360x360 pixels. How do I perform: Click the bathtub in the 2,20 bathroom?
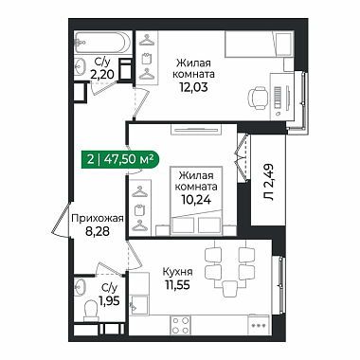point(102,42)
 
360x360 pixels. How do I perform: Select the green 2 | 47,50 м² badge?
point(120,159)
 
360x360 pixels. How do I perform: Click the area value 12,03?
point(193,86)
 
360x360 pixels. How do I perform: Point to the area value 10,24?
point(196,199)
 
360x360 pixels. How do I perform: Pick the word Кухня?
point(177,271)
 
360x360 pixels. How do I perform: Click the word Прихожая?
point(98,218)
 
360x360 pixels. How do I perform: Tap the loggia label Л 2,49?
point(269,182)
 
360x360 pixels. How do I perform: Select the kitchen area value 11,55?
point(177,285)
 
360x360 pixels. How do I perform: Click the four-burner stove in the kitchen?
point(180,325)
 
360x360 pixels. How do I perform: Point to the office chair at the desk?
point(257,98)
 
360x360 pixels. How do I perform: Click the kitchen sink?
point(139,304)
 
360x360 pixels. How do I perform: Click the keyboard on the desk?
point(278,98)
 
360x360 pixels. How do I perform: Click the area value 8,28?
point(98,232)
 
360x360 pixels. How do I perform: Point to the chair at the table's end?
point(230,289)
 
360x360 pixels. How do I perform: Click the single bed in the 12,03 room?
point(259,45)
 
